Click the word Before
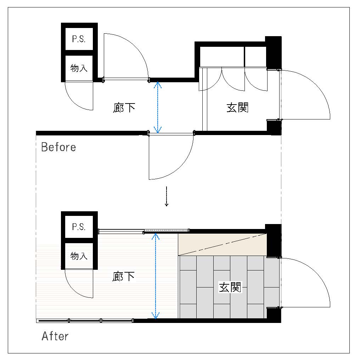(x=58, y=147)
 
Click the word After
(x=55, y=336)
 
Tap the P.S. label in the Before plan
(x=79, y=39)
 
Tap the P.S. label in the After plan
(x=79, y=227)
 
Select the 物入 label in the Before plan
(x=79, y=68)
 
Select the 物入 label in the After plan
(x=79, y=256)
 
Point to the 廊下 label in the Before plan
(x=124, y=108)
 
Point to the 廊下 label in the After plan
(x=123, y=277)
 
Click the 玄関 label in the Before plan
(x=237, y=108)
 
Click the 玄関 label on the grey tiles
(x=230, y=287)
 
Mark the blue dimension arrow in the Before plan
(x=158, y=107)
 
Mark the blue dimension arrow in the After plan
(x=156, y=276)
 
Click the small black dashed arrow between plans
(x=166, y=196)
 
